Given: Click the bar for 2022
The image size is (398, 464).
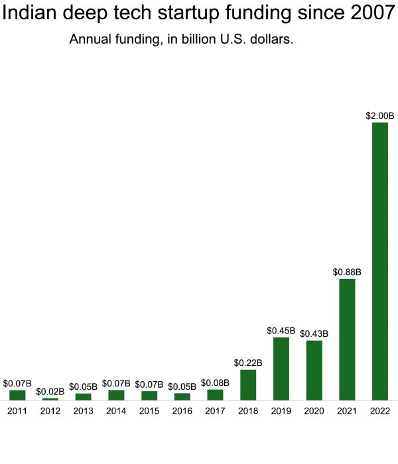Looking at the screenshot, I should (x=380, y=261).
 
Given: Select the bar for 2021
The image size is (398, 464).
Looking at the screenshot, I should (x=347, y=339).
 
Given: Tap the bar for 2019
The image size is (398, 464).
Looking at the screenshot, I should (x=281, y=369).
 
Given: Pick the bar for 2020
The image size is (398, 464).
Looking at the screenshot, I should (x=314, y=370).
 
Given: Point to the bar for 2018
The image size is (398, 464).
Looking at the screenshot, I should (x=248, y=384).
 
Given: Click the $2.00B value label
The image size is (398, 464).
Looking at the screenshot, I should (x=380, y=115).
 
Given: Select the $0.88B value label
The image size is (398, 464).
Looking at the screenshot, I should (x=347, y=272).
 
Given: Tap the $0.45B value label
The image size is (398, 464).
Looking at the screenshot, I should (x=281, y=330).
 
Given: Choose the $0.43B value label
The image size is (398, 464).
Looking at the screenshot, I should (x=314, y=333).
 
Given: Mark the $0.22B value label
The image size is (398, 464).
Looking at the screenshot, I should (x=248, y=363).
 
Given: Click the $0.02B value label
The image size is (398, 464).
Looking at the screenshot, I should (x=50, y=392).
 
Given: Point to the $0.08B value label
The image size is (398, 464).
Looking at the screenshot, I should (x=215, y=382).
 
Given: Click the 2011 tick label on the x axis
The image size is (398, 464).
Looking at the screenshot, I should (x=17, y=411).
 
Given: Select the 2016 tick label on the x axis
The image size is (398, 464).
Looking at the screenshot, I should (x=182, y=411).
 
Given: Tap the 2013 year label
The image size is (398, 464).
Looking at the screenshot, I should (x=83, y=411).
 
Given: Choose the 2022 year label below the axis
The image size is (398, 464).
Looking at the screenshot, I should (x=380, y=411).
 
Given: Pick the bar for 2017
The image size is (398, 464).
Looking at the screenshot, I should (x=215, y=394).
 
